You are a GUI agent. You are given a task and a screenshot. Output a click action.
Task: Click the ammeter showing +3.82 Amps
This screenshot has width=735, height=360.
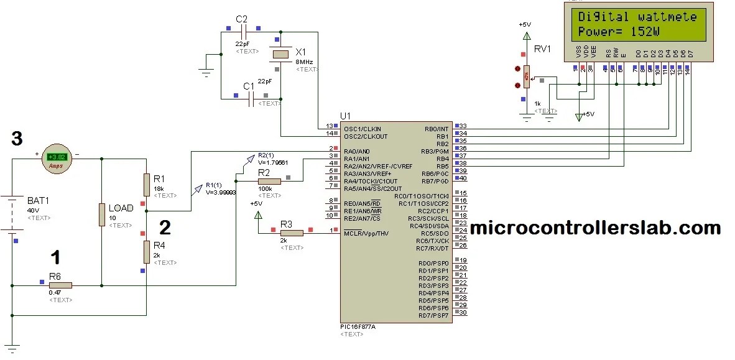click(x=57, y=159)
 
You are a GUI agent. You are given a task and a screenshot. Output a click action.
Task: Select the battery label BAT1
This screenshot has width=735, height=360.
click(x=39, y=201)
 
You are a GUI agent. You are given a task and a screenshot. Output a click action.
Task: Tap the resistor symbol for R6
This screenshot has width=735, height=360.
click(x=61, y=285)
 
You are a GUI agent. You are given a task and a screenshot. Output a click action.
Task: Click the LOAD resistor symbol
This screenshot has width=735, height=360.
click(x=101, y=215)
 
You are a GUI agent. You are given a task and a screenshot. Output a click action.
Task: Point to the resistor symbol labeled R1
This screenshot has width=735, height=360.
click(x=146, y=184)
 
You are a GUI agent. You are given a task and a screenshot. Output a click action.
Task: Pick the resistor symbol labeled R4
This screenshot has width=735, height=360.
click(x=146, y=252)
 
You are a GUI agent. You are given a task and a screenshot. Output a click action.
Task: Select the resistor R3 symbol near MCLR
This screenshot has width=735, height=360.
click(x=292, y=233)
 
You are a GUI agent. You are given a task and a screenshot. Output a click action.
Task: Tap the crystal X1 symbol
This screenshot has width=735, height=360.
click(x=281, y=55)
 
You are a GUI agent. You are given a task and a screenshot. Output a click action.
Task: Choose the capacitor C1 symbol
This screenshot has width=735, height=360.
click(x=251, y=98)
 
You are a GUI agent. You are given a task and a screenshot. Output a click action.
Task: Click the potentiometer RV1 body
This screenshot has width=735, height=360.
click(x=526, y=77)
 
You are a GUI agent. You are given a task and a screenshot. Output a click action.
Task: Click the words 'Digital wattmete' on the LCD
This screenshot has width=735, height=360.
click(x=637, y=17)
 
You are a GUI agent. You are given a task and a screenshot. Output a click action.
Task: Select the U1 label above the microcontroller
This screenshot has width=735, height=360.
click(x=346, y=116)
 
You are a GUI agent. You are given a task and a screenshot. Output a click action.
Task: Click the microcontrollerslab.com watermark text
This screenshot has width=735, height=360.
click(x=595, y=228)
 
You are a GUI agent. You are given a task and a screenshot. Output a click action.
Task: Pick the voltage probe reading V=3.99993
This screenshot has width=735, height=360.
click(x=220, y=192)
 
